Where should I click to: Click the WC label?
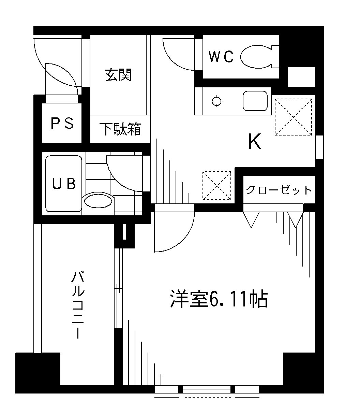pos(221,57)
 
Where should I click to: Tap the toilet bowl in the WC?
pos(256,57)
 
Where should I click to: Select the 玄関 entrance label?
pos(118,75)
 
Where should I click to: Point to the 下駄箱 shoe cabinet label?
pos(120,129)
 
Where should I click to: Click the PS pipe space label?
pos(62,123)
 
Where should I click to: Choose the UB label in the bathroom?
pos(64,184)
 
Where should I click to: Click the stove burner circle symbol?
pos(217,101)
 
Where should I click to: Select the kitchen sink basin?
pos(255,101)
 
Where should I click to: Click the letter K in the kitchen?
pos(255,142)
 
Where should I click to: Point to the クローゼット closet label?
pos(279,190)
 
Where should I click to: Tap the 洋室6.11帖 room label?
pos(219,299)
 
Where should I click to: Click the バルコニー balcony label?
pos(78,305)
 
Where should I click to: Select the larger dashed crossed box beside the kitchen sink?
pos(293,117)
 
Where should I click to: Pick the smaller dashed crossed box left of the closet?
pos(217,185)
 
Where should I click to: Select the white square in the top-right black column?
pos(301,77)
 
